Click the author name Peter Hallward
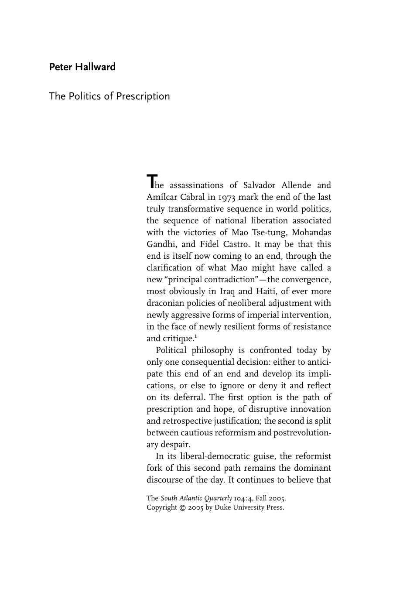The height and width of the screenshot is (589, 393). (82, 67)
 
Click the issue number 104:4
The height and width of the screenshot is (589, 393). (243, 498)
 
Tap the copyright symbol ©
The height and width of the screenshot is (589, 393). (183, 507)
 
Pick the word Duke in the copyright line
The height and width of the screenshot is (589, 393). (222, 507)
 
